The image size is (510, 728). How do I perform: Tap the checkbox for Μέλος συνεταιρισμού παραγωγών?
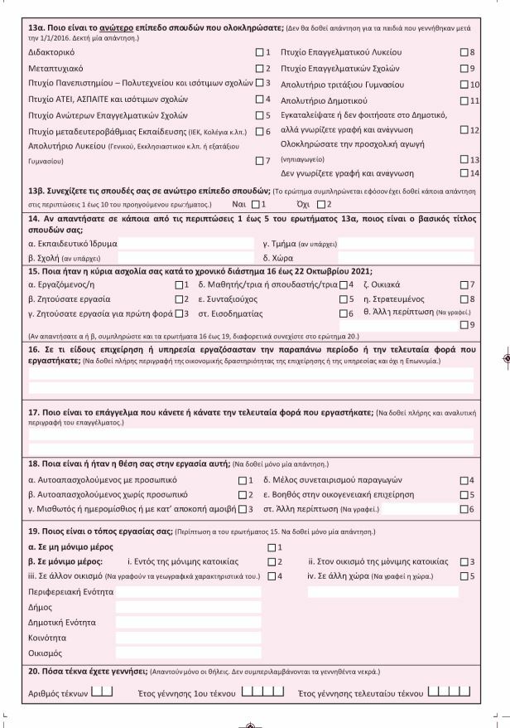pos(464,480)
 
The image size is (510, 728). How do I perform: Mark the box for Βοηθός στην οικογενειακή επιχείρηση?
pos(464,494)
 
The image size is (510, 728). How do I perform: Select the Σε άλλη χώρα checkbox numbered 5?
pos(464,575)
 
